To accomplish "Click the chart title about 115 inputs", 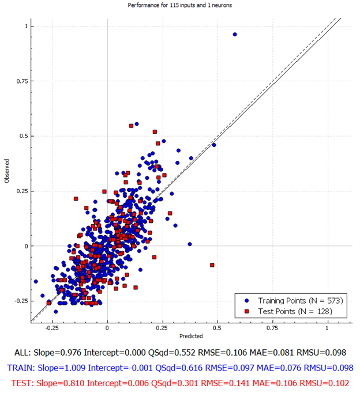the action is point(180,5).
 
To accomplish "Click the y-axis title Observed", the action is point(7,171).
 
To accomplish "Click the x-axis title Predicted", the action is point(191,336).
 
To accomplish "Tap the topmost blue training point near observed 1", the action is point(235,34).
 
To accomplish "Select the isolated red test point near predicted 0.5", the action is point(212,265).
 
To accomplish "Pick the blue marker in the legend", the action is point(247,301).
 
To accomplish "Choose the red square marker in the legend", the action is point(247,311).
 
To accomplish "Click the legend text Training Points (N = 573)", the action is point(301,301).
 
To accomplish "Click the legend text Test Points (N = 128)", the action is point(295,311).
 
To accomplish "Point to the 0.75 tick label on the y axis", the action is point(22,81).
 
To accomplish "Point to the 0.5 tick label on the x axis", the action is point(217,328).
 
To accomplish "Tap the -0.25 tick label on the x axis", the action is point(52,328).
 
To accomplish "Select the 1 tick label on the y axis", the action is point(26,26).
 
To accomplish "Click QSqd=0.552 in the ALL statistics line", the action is point(171,353).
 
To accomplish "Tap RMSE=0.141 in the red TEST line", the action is point(225,383).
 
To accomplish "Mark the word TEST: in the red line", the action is point(22,383).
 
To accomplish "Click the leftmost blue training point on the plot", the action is point(36,281).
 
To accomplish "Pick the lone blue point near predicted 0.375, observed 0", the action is point(190,244).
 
